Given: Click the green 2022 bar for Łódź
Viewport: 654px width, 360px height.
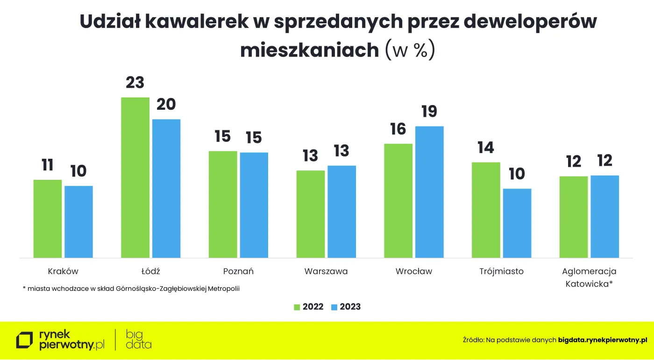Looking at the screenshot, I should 135,177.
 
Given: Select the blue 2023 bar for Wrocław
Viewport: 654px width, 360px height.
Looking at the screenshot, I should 429,192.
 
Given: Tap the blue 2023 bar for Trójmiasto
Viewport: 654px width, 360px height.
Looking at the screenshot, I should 517,223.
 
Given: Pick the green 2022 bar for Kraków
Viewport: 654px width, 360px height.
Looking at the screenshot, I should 48,219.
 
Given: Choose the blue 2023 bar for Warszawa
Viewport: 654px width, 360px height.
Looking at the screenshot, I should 341,212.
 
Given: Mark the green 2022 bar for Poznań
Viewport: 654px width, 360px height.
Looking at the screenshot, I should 223,204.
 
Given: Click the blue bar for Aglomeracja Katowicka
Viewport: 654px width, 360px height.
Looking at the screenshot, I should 604,217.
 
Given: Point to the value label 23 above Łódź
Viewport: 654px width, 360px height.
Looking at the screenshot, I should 135,83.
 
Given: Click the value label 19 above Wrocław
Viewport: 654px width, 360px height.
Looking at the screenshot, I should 429,112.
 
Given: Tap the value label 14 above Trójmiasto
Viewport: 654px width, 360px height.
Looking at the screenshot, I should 485,148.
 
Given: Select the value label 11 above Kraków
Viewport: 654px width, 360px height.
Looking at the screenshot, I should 47,165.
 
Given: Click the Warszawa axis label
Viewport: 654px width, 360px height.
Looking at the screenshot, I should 326,271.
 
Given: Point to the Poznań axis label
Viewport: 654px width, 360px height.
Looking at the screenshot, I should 238,271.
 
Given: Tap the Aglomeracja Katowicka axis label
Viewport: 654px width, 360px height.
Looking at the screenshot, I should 589,277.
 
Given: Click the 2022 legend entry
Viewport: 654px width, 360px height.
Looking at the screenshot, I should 309,307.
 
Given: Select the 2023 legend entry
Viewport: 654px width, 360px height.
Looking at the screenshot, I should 346,307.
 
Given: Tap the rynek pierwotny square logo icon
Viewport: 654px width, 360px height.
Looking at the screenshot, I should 25,340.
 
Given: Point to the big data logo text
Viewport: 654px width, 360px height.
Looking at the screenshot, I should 139,339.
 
